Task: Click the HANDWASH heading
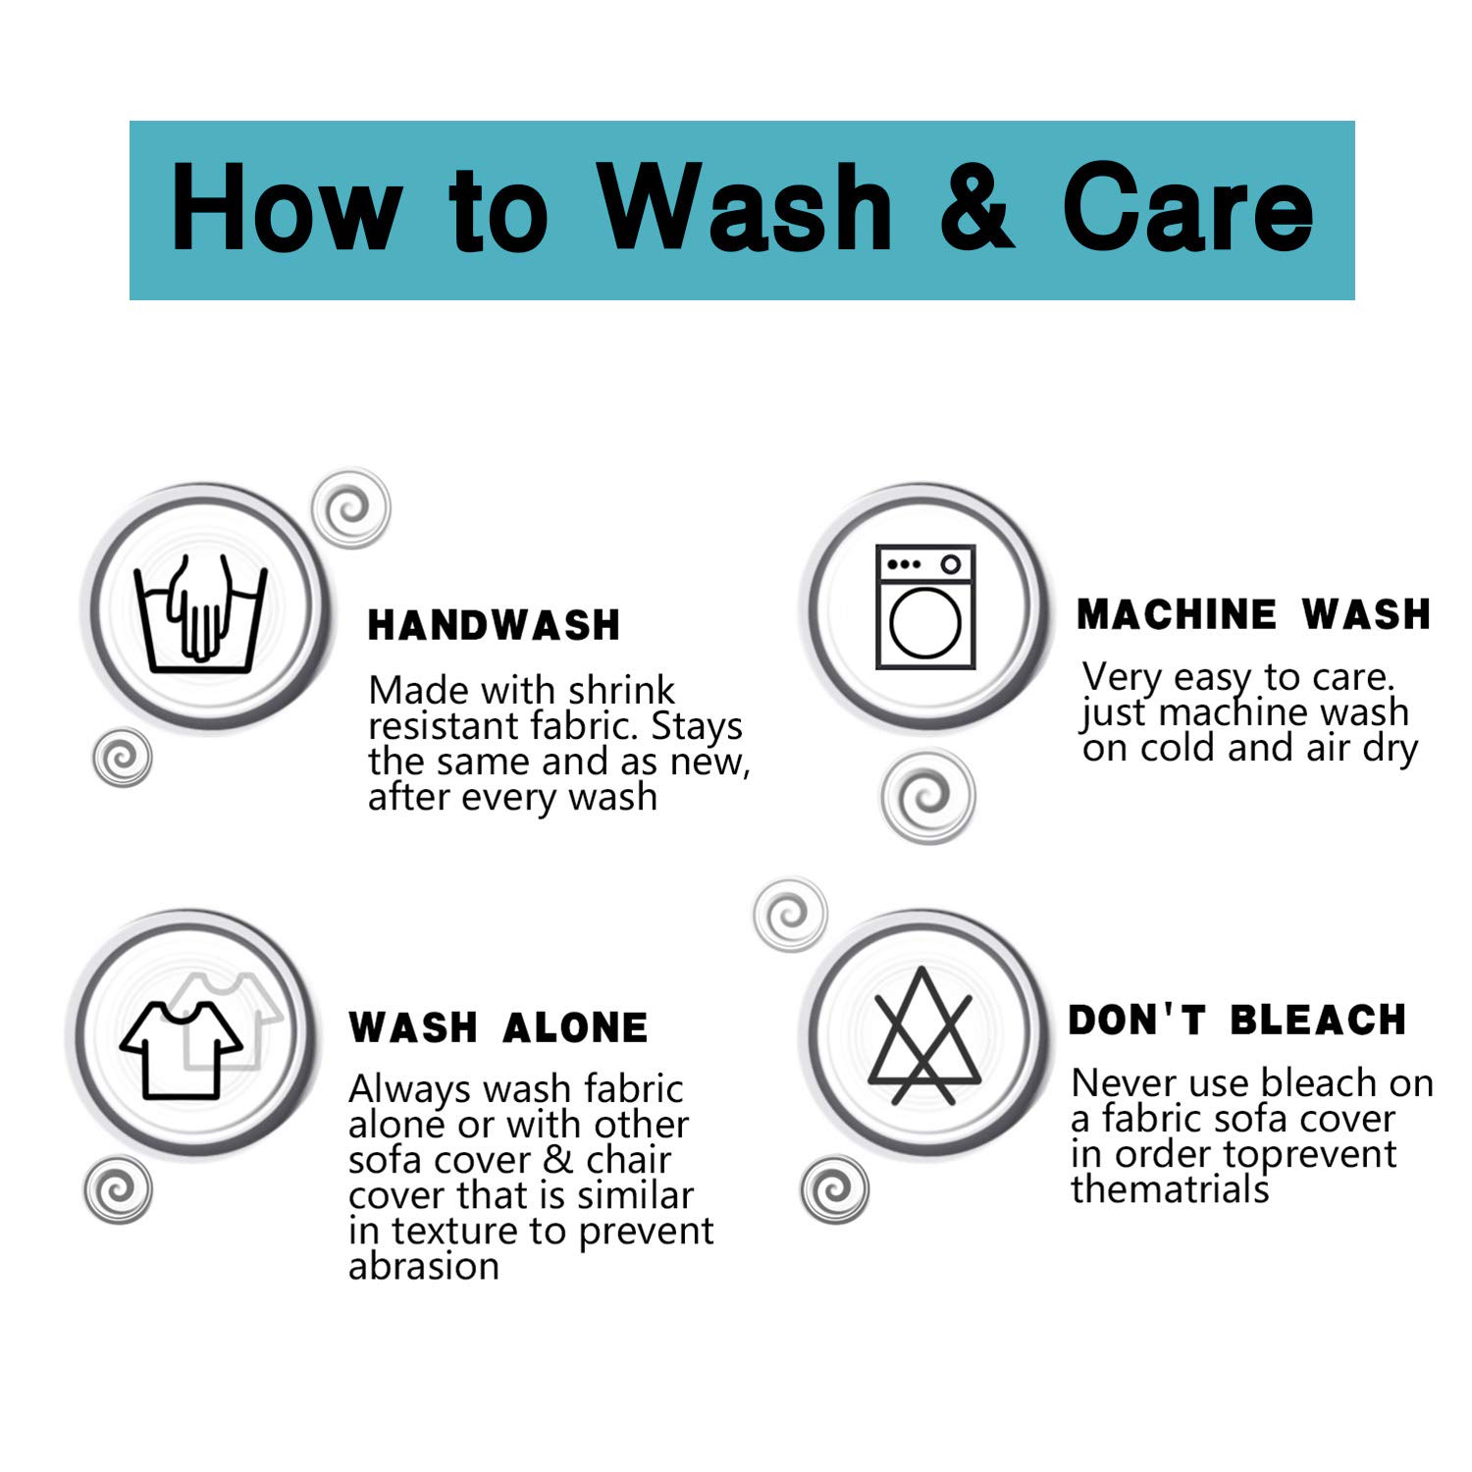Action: coord(494,625)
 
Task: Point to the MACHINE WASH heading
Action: coord(1254,614)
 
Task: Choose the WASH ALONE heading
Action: coord(499,1027)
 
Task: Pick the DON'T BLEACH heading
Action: coord(1237,1020)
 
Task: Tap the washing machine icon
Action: coord(925,606)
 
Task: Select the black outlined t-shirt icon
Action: coord(182,1050)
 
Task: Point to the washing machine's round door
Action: coord(925,624)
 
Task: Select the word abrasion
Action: coord(424,1266)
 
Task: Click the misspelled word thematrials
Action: coord(1170,1189)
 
